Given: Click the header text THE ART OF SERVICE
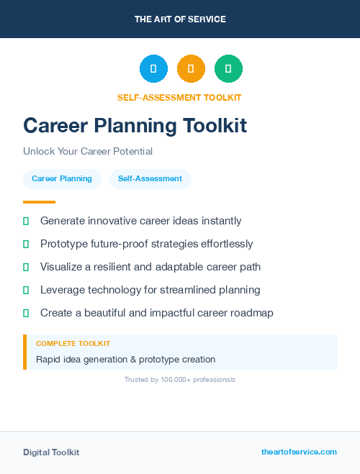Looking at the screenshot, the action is [180, 19].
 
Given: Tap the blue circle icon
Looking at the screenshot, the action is [153, 68].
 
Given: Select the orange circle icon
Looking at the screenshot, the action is [191, 68].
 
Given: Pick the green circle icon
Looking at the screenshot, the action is [228, 68].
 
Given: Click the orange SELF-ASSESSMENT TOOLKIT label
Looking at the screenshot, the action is [179, 98].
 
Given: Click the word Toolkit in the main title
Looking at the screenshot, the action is [212, 126].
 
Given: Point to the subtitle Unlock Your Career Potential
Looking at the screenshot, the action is [88, 152].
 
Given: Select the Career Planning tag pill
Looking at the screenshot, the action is [62, 179].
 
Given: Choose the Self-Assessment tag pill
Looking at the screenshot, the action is [150, 179].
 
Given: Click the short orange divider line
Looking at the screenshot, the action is [39, 202].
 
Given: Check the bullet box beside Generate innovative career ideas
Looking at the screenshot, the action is [26, 221].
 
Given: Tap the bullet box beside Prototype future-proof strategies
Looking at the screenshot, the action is [26, 244].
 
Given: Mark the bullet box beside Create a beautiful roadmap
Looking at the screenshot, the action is [26, 313].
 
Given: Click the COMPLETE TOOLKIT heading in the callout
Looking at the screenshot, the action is [73, 344].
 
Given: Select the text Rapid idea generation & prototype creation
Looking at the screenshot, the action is [125, 359].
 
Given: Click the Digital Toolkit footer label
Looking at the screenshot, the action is [51, 452].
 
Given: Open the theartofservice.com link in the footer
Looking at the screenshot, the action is [299, 452].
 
